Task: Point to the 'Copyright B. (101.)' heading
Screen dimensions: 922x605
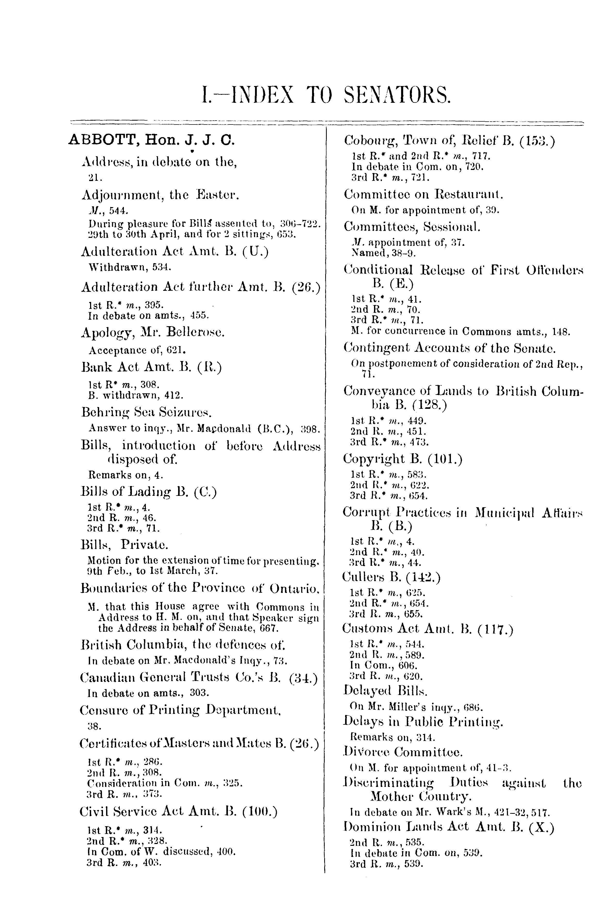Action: tap(403, 459)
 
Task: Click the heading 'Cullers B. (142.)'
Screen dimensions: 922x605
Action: tap(391, 577)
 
